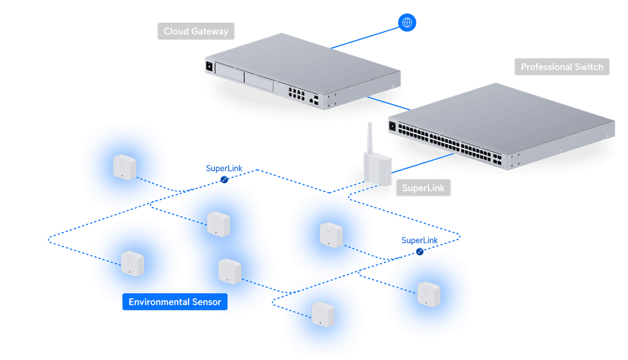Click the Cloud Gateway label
[195, 31]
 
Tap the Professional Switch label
[562, 67]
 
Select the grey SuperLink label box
[423, 188]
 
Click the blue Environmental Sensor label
[175, 302]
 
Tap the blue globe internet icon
[407, 23]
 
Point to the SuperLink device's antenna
[370, 137]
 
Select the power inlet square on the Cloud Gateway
[209, 66]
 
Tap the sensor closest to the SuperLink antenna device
[330, 234]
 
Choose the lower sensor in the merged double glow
[229, 270]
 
